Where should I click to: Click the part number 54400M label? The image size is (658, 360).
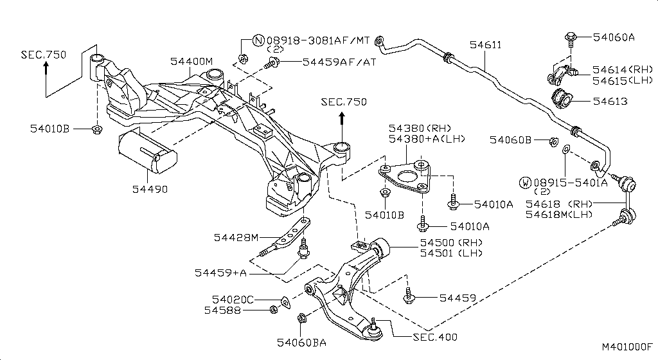[191, 61]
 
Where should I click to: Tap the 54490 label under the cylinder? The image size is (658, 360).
[150, 189]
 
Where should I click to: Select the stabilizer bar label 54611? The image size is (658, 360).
[485, 45]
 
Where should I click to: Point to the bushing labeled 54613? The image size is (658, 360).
[562, 101]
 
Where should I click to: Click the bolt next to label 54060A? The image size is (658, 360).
[571, 38]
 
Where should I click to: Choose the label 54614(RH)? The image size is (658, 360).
[622, 69]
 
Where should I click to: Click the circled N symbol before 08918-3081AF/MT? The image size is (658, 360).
[258, 40]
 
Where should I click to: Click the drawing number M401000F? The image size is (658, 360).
[627, 347]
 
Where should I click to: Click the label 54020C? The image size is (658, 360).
[233, 299]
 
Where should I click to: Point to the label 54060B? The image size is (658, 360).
[510, 139]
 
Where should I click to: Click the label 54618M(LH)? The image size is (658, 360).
[559, 214]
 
